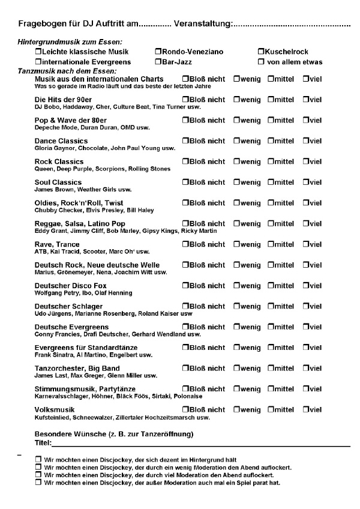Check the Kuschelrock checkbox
[x=261, y=52]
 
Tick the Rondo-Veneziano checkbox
[x=158, y=52]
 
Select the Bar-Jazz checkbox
[x=158, y=62]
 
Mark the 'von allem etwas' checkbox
[x=261, y=62]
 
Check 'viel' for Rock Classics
[x=306, y=161]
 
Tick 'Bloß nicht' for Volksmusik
[x=185, y=409]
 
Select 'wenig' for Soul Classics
[x=236, y=182]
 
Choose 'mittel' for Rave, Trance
[x=271, y=244]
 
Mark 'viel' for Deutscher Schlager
[x=306, y=306]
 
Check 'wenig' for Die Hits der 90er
[x=236, y=99]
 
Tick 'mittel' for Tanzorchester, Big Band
[x=271, y=368]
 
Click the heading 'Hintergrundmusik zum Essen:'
[x=70, y=41]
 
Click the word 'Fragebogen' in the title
[x=40, y=24]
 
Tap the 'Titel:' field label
[x=43, y=443]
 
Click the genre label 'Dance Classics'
[x=62, y=140]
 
